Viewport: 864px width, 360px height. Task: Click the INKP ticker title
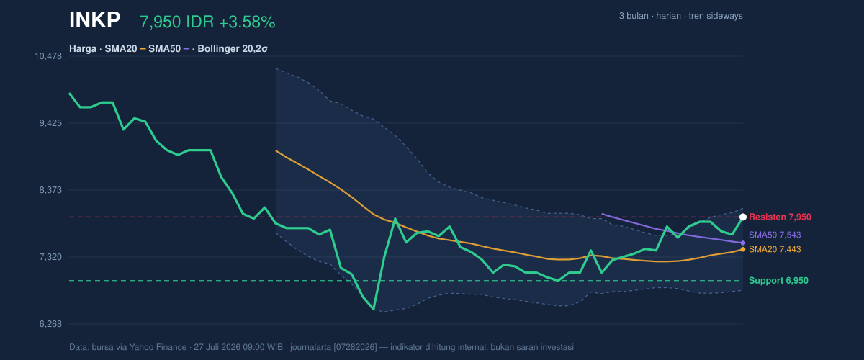(x=94, y=20)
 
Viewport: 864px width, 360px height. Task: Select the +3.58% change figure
(x=247, y=22)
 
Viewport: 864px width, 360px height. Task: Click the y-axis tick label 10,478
(x=48, y=56)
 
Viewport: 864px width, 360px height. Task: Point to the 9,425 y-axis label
(x=50, y=123)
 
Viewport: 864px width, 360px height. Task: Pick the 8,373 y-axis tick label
(x=50, y=190)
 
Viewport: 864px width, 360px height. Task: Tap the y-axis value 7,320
(x=50, y=257)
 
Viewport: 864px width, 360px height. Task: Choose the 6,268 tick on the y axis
(x=50, y=324)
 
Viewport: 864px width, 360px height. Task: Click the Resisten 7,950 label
(x=780, y=217)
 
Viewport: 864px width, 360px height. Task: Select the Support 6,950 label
(x=778, y=281)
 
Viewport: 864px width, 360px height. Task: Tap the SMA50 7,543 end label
(x=775, y=235)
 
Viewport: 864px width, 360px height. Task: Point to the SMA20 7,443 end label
(x=775, y=249)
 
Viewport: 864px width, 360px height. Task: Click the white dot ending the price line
(x=743, y=217)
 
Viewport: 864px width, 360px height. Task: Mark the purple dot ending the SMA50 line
(x=743, y=243)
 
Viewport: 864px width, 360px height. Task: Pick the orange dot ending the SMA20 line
(x=743, y=249)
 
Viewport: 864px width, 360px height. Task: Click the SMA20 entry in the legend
(x=121, y=49)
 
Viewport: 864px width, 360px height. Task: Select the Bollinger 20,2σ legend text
(x=233, y=49)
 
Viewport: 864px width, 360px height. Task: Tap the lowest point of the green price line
(x=374, y=310)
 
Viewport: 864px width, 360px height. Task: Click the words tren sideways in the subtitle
(x=716, y=16)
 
